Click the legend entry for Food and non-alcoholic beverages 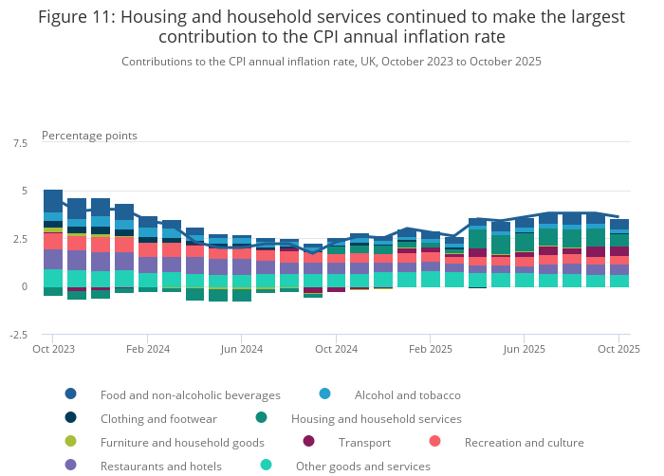coord(190,394)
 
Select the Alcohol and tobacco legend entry coord(407,394)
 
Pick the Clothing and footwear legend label coord(158,418)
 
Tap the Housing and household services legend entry coord(375,418)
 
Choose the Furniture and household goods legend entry coord(182,442)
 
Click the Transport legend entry coord(363,442)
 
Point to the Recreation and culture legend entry coord(524,442)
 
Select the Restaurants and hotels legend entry coord(160,466)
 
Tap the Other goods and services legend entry coord(362,466)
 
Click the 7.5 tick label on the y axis coord(20,143)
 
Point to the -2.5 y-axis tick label coord(18,335)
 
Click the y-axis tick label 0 coord(25,286)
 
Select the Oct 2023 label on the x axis coord(53,349)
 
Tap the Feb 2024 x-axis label coord(147,349)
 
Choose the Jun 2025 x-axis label coord(525,349)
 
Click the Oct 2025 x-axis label coord(618,349)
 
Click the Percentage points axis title coord(89,136)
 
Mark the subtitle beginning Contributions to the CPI coord(331,61)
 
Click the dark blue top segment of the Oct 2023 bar coord(53,201)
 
